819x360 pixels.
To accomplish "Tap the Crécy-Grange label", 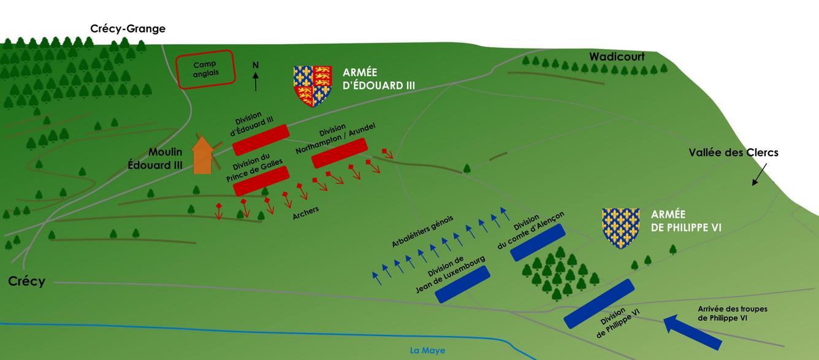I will point(128,29).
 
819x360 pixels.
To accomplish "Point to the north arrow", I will point(256,77).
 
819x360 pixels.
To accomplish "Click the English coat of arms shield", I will point(313,85).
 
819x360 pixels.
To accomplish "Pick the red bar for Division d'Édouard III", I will point(261,140).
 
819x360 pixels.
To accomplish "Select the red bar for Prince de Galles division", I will point(261,181).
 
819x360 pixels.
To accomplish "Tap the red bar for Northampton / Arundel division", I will point(339,153).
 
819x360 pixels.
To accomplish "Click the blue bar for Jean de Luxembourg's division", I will point(463,285).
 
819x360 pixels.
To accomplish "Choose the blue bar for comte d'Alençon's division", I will point(538,242).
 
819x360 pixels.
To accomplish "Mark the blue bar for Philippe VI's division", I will point(598,303).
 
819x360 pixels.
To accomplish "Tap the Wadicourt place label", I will point(617,57).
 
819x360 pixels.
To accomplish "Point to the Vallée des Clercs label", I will point(733,153).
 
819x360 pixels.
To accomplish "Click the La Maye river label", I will point(427,351).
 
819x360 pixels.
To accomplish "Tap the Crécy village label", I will point(26,281).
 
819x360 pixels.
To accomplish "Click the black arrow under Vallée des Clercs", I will point(759,177).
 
